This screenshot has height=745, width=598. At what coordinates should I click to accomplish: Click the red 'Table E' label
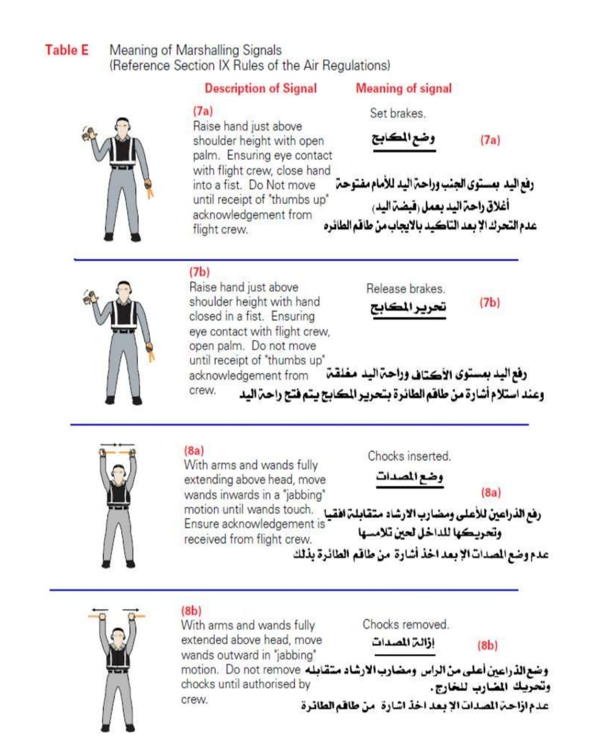click(x=67, y=50)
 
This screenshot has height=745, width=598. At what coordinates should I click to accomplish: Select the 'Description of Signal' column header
click(x=260, y=88)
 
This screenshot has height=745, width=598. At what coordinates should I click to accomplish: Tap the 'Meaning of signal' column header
click(x=404, y=88)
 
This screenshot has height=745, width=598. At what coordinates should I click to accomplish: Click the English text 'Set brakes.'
click(x=398, y=113)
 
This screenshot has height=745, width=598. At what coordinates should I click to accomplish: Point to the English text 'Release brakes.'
click(x=405, y=288)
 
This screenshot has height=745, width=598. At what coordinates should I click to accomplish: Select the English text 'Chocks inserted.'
click(x=409, y=456)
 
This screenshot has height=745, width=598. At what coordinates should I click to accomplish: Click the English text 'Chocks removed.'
click(x=406, y=625)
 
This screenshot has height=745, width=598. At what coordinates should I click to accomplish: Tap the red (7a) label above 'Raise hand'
click(x=203, y=111)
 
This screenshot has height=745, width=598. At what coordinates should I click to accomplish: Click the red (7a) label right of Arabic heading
click(x=490, y=140)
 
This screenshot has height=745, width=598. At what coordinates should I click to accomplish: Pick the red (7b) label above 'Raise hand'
click(x=200, y=272)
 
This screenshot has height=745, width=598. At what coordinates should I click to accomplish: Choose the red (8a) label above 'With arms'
click(x=194, y=450)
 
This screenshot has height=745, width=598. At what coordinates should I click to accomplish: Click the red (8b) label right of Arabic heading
click(x=487, y=645)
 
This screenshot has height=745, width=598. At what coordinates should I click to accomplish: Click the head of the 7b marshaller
click(x=123, y=290)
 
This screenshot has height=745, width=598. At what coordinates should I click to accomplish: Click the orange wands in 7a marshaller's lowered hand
click(x=150, y=189)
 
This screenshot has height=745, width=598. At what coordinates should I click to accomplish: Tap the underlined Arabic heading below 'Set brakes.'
click(x=404, y=139)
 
